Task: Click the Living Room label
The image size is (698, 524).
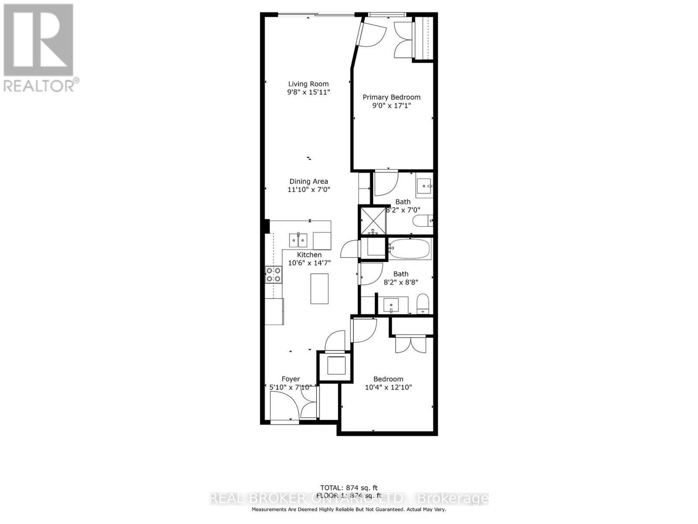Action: (x=308, y=84)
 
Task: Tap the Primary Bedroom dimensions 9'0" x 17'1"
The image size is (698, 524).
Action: (x=391, y=106)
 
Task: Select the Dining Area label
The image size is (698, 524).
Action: (x=308, y=181)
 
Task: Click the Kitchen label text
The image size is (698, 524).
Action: (x=309, y=255)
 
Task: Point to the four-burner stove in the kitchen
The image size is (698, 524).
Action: (x=274, y=275)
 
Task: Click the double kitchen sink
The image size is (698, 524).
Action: (x=298, y=240)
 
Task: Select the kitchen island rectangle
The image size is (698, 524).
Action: (x=319, y=288)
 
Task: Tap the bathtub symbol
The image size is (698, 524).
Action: (x=410, y=249)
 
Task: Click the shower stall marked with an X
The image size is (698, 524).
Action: (x=372, y=221)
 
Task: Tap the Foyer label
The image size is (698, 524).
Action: (x=291, y=379)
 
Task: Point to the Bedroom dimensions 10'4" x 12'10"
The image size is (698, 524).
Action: (x=388, y=387)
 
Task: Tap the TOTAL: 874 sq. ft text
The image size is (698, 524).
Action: (x=349, y=488)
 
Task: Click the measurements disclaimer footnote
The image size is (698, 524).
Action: (x=349, y=510)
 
